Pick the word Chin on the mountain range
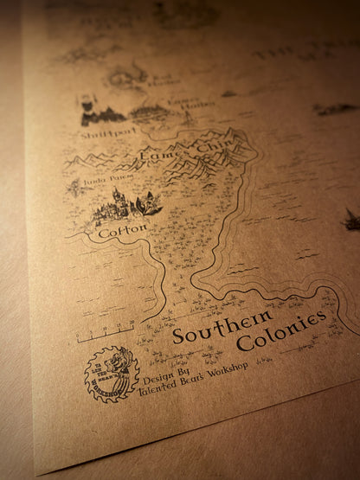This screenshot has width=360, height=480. (x=209, y=146)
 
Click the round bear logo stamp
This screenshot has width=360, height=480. (x=111, y=373)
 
